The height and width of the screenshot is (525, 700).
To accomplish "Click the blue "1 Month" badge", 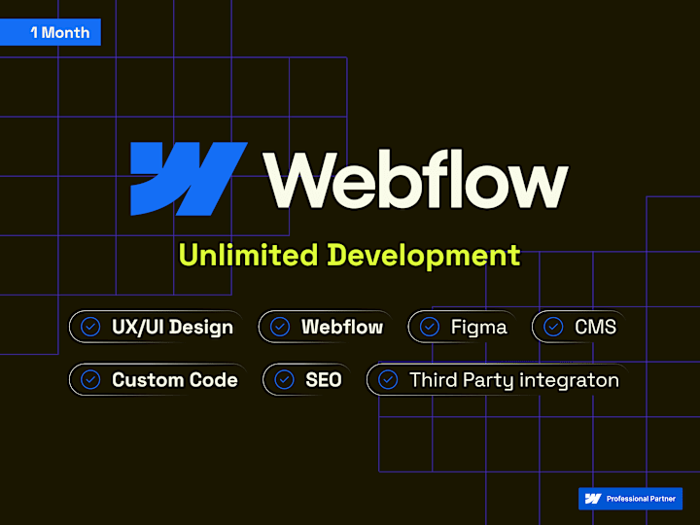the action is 51,32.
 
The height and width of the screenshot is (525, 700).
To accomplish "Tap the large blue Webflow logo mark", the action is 189,179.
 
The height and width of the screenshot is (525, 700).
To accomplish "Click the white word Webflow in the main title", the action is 416,180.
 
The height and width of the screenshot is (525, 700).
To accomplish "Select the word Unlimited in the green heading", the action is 248,255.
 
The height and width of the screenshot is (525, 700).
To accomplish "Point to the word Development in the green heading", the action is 424,256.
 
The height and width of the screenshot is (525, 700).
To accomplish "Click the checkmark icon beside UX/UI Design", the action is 90,327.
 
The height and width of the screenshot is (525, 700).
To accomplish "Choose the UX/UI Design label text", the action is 172,328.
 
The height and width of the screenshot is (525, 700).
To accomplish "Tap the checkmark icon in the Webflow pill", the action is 280,327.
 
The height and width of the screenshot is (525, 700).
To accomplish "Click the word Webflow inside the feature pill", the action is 342,327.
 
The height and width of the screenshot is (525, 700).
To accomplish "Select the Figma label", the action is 478,328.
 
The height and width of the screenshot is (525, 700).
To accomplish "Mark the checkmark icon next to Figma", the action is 430,327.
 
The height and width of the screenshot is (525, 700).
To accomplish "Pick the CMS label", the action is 595,327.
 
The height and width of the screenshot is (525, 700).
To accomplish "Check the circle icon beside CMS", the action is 553,327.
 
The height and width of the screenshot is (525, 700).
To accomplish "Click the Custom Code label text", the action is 175,380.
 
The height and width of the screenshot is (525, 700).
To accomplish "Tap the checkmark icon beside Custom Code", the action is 90,380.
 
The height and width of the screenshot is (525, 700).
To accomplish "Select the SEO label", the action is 323,380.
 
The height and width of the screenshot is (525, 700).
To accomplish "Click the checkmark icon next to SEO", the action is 284,380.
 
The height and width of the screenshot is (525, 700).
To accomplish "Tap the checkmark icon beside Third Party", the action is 388,380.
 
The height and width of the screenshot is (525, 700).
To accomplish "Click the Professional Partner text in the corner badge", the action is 641,499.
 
